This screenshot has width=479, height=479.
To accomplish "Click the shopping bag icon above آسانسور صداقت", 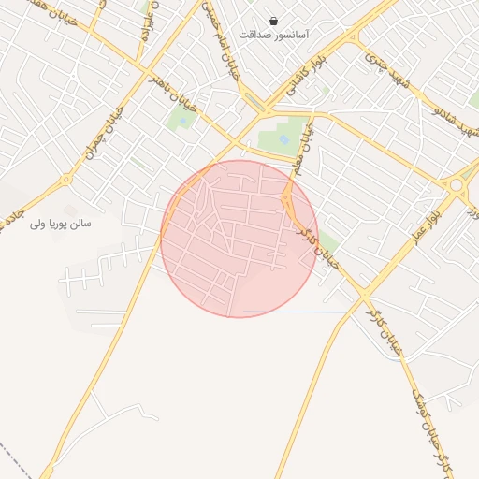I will (x=273, y=20).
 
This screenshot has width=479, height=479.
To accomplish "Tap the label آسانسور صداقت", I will (x=274, y=35).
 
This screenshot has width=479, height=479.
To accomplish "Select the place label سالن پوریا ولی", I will (x=61, y=224).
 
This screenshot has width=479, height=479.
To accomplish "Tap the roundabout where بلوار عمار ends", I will (x=457, y=185).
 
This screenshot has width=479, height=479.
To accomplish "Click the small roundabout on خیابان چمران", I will (x=65, y=180).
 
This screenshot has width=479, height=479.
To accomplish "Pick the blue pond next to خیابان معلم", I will (x=284, y=139).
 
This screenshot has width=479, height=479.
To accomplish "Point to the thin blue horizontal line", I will (x=295, y=312).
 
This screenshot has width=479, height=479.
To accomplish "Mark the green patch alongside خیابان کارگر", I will (x=328, y=245).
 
